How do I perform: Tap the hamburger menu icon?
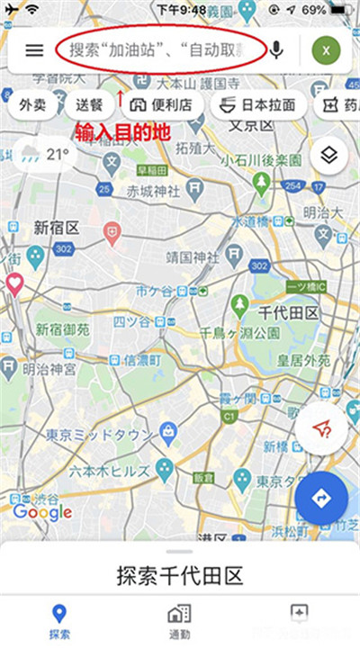34,50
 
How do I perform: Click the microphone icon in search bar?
276,49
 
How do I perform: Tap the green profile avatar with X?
327,50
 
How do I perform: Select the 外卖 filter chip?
34,105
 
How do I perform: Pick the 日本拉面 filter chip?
257,105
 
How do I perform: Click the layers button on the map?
328,155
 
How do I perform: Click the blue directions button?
321,498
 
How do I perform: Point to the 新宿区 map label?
56,227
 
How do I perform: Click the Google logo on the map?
41,512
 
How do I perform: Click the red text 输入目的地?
121,131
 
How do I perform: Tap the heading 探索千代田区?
180,573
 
